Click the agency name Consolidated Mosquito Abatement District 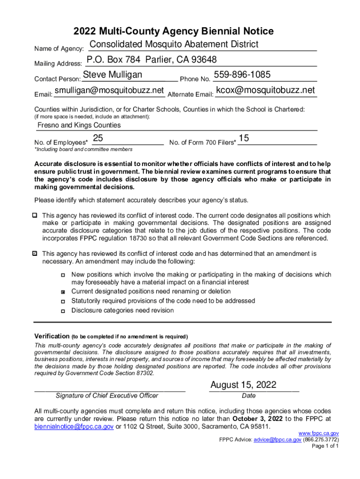click(173, 44)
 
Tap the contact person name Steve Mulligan click(113, 75)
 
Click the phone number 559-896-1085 click(242, 75)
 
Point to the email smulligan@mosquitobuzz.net click(109, 90)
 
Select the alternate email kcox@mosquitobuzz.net click(266, 90)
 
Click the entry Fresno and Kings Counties click(79, 125)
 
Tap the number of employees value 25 click(98, 138)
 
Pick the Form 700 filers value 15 click(244, 138)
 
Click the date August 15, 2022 click(243, 385)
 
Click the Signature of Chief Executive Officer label click(107, 396)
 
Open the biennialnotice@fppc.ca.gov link click(74, 427)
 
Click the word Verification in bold click(51, 336)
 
